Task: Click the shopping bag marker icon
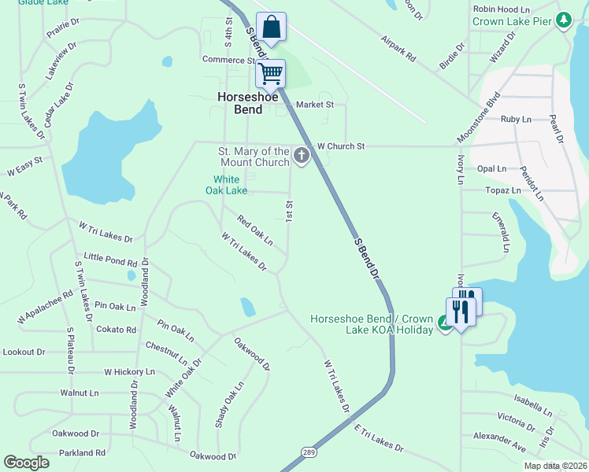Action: coord(271,27)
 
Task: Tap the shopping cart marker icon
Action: coord(270,74)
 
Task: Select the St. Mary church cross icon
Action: coord(301,157)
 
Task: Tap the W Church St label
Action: coord(341,146)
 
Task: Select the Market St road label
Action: coord(315,104)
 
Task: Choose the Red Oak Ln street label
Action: coord(255,230)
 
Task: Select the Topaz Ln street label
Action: coord(505,190)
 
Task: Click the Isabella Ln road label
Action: coord(533,405)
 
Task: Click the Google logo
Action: coord(27,463)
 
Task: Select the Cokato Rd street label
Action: coord(116,330)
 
